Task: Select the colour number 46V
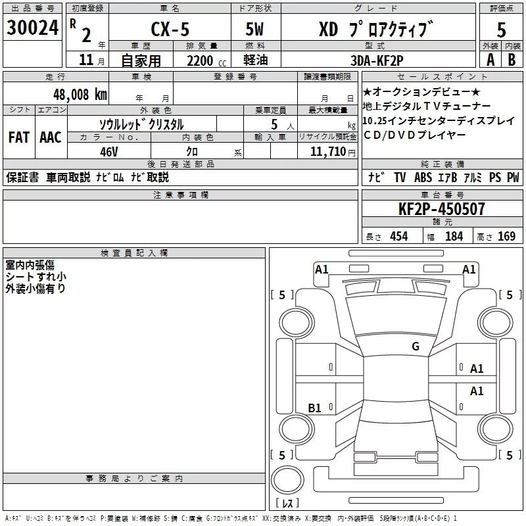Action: coord(109,151)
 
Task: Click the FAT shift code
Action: coord(18,137)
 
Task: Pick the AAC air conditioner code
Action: coord(50,137)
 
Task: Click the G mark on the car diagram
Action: coord(415,347)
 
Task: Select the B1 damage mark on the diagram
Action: coord(315,408)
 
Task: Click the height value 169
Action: coord(506,237)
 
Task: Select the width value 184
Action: coord(454,237)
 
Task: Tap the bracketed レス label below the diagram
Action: coord(287,504)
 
